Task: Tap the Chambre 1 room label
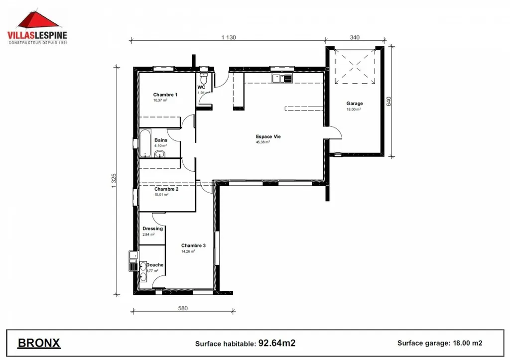[x=165, y=95]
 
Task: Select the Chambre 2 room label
[x=166, y=189]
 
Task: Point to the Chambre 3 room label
[x=193, y=245]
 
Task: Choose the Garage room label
[x=355, y=104]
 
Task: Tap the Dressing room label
[x=152, y=229]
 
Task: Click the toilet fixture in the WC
[x=203, y=80]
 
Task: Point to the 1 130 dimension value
[x=228, y=37]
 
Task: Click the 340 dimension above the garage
[x=355, y=37]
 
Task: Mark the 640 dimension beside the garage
[x=389, y=101]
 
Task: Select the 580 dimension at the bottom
[x=183, y=308]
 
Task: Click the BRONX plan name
[x=39, y=343]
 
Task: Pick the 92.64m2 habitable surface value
[x=277, y=343]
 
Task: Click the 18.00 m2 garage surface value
[x=467, y=343]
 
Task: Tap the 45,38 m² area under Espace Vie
[x=263, y=142]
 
